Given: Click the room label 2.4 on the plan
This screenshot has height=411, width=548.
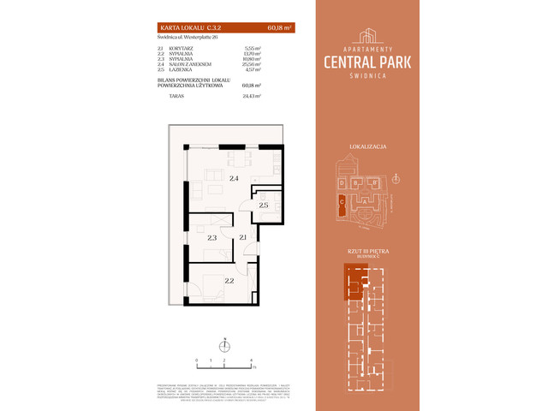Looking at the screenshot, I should click(x=234, y=178).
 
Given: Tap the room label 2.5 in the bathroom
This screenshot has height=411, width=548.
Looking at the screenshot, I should click(x=264, y=205).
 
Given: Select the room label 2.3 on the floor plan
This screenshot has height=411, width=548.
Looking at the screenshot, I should click(x=211, y=237).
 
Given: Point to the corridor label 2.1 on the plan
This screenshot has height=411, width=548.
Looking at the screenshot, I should click(x=243, y=237).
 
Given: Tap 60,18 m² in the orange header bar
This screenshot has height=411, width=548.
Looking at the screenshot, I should click(x=279, y=28).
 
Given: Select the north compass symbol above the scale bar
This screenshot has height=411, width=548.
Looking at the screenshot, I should click(x=223, y=346).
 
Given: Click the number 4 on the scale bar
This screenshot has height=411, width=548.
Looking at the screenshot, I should click(x=251, y=361).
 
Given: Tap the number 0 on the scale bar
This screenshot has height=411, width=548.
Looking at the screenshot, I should click(x=197, y=361).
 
